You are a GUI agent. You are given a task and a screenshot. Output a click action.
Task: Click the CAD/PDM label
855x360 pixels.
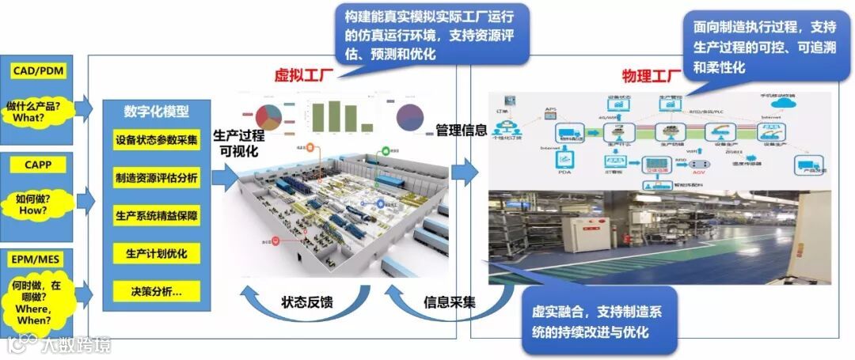pos(38,71)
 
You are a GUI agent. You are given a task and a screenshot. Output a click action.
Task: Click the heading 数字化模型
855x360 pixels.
pos(157,112)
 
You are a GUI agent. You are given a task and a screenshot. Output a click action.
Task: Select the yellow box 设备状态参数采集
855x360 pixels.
pos(157,141)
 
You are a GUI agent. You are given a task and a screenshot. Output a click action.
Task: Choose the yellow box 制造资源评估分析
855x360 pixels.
pos(157,178)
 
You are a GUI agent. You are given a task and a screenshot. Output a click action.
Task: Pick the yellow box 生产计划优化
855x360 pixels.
pos(157,253)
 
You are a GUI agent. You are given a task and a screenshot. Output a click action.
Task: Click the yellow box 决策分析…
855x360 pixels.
pos(157,291)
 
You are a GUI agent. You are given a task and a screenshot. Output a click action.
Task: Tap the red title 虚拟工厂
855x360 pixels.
pos(302,76)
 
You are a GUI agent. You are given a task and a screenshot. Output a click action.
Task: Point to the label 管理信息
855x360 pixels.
pos(462,131)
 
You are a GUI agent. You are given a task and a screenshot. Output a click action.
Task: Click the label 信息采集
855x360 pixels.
pos(450,301)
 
